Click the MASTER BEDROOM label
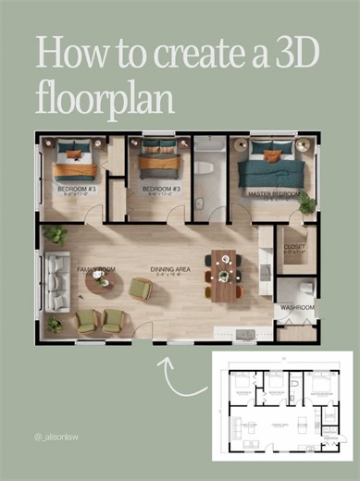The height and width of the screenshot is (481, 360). coord(274,194)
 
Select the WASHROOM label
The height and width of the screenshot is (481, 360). coord(297,307)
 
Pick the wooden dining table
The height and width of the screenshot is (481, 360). coord(223,275)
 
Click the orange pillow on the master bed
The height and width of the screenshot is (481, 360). coord(271,155)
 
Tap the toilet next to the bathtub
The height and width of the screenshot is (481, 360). coord(204,170)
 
